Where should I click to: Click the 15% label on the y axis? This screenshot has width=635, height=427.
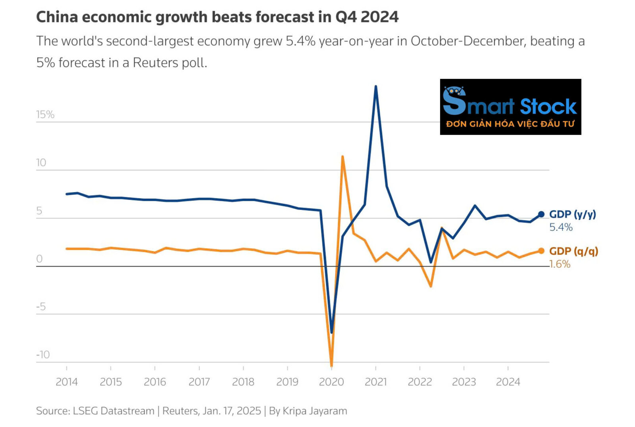45,115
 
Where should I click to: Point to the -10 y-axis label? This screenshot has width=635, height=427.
43,354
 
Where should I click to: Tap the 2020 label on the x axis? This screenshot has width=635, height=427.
331,382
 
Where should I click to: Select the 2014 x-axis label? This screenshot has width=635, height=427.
67,382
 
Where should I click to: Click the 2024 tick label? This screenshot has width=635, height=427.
508,382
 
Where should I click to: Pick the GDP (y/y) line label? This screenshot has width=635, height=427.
572,214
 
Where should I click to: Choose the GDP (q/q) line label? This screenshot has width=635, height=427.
573,251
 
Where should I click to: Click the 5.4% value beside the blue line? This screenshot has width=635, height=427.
561,227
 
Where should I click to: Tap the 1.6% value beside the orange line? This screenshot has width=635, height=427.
560,264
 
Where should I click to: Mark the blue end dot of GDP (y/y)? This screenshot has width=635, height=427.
541,214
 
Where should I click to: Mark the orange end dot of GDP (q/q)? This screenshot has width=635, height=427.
541,251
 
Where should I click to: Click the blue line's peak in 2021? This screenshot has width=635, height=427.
376,86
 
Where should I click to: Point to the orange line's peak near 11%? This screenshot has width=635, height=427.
342,156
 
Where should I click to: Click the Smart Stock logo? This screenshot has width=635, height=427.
510,107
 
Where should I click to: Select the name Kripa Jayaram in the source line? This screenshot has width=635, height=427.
315,411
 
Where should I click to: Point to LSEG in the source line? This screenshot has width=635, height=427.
85,411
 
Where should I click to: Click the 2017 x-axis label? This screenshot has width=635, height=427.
199,382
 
